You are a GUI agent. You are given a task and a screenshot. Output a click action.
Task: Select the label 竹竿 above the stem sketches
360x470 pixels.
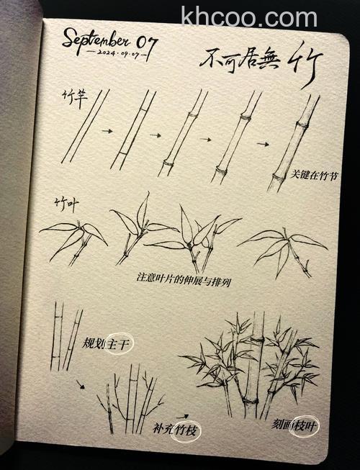click(x=73, y=96)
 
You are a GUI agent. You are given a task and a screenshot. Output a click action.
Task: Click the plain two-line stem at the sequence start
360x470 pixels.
click(x=85, y=126)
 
